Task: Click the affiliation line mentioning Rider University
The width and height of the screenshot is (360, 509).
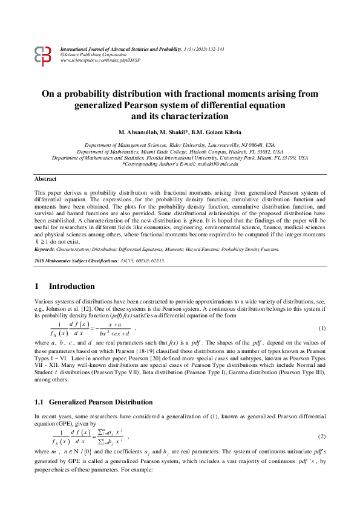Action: pyautogui.click(x=179, y=146)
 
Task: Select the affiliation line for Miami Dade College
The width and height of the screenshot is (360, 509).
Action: pyautogui.click(x=180, y=152)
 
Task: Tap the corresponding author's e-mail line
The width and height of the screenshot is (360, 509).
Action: pyautogui.click(x=180, y=164)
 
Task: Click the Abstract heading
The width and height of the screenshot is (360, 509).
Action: pyautogui.click(x=45, y=180)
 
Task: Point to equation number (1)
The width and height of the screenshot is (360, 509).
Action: pyautogui.click(x=322, y=328)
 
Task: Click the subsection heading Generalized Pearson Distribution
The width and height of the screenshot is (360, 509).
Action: pyautogui.click(x=100, y=402)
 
